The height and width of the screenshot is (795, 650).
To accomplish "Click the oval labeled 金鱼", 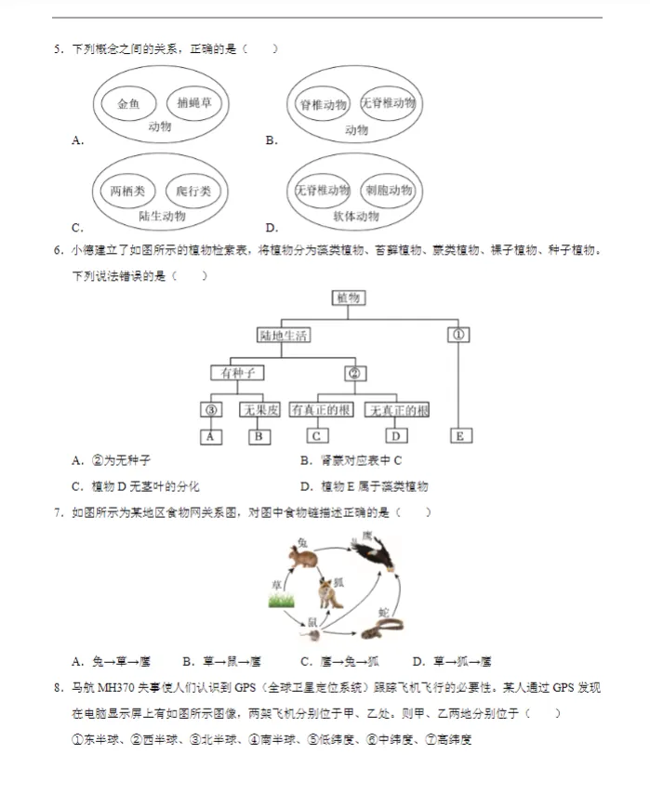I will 128,103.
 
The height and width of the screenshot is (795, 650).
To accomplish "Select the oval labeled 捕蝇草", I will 192,103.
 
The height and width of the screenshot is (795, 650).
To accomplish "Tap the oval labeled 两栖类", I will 128,192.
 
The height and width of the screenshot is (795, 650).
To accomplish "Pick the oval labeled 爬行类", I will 193,192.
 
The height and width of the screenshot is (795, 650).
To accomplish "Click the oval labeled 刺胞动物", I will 388,191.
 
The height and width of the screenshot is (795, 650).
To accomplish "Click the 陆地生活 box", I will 284,336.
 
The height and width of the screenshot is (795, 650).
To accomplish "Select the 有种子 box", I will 237,373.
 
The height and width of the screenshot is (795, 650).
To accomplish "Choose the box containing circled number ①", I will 458,335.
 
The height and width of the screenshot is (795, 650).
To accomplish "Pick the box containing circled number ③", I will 212,410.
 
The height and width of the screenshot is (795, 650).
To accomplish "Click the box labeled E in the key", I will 459,435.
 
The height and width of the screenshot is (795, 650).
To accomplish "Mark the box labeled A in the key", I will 212,436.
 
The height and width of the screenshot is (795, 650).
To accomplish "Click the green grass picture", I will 281,600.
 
